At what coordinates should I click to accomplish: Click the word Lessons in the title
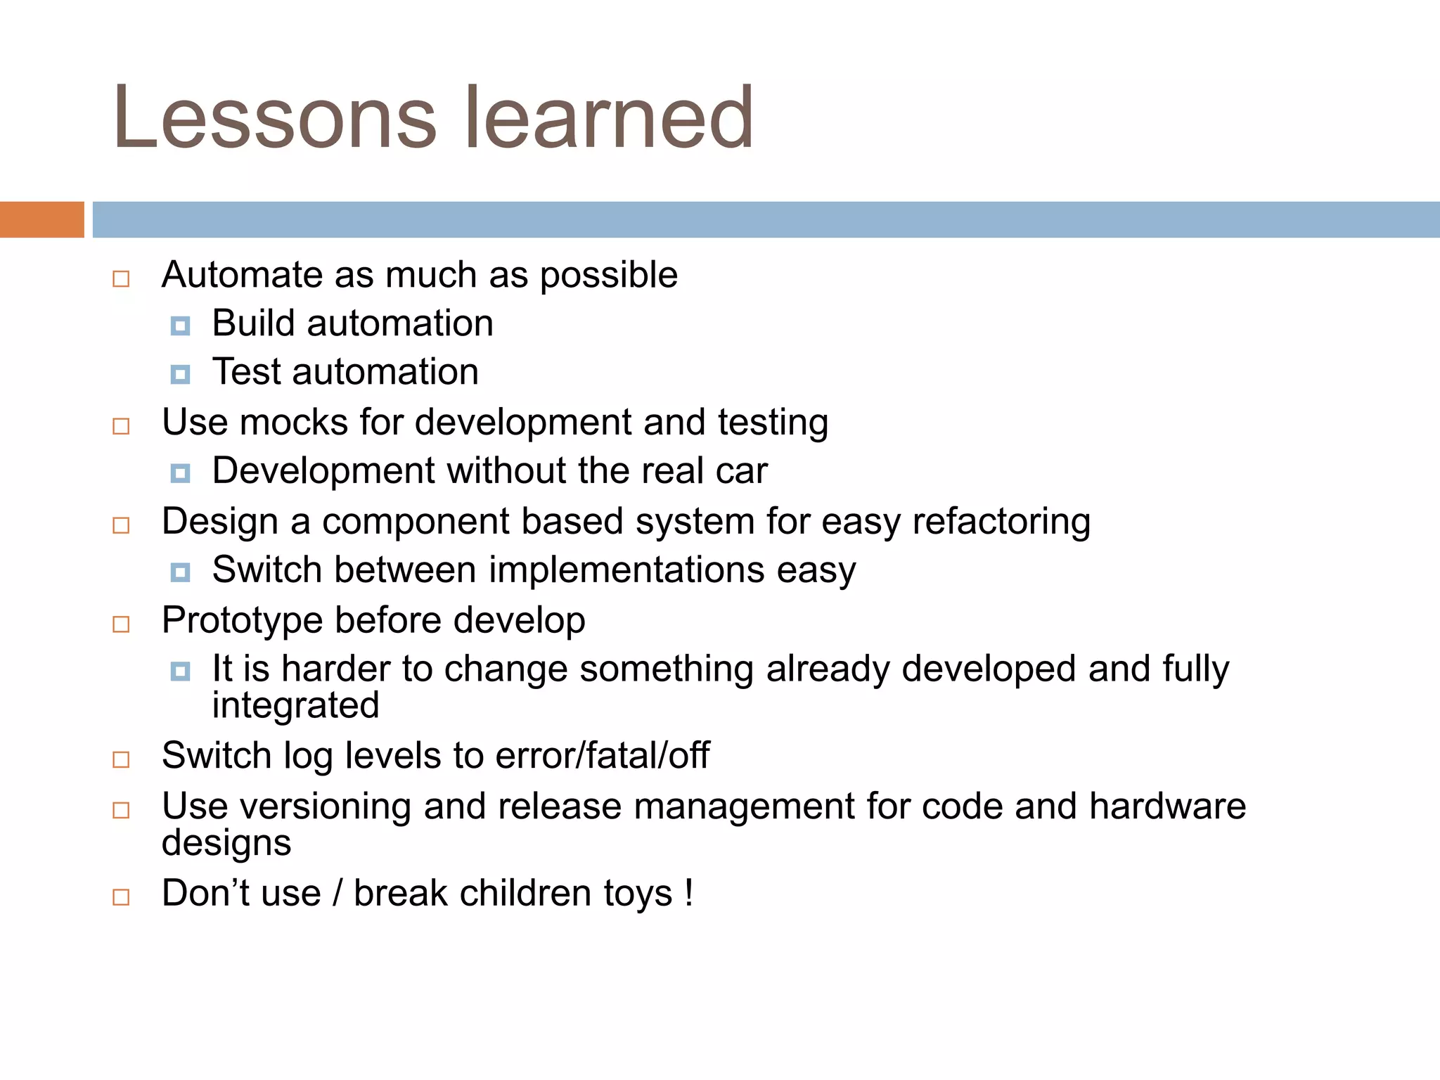click(x=275, y=117)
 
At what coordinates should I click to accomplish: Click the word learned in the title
click(x=609, y=117)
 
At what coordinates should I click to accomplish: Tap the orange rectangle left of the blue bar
click(x=41, y=219)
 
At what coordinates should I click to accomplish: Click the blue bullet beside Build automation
click(x=180, y=326)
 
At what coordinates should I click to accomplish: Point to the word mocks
click(x=293, y=423)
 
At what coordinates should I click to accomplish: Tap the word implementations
click(x=626, y=570)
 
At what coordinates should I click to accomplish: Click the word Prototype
click(x=242, y=620)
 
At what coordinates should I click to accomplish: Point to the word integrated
click(x=295, y=705)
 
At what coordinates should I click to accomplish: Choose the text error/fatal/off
click(x=602, y=756)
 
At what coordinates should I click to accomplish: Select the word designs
click(x=226, y=843)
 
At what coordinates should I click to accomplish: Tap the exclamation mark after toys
click(x=689, y=893)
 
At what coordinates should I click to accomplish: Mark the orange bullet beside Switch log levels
click(x=121, y=759)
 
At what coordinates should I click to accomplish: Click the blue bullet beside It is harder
click(x=180, y=671)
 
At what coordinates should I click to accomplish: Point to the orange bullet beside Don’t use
click(x=121, y=897)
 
